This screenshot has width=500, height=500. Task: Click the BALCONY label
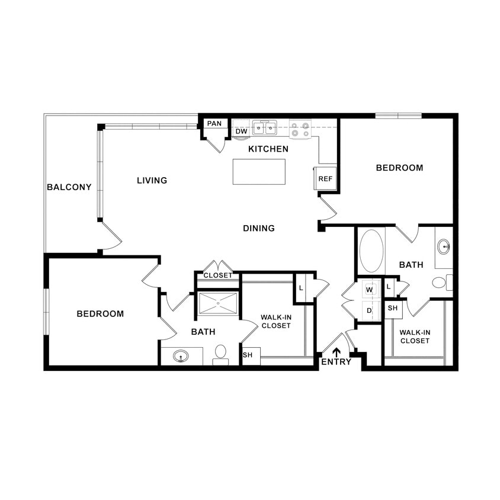69,187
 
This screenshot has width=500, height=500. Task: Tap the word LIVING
152,180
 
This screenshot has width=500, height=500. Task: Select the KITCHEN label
268,149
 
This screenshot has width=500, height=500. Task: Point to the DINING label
259,228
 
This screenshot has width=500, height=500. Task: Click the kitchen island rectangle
259,172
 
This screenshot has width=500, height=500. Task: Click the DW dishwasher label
241,132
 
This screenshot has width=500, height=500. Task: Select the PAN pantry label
214,124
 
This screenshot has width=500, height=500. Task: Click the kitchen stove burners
301,129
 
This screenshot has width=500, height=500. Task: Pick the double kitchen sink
264,127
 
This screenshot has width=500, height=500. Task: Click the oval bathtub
371,251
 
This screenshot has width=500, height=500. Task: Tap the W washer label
369,290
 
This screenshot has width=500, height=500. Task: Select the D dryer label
369,310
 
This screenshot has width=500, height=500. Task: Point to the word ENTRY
336,362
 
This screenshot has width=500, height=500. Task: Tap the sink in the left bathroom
181,356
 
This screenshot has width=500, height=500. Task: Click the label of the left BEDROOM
100,314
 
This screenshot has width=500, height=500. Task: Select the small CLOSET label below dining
218,275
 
